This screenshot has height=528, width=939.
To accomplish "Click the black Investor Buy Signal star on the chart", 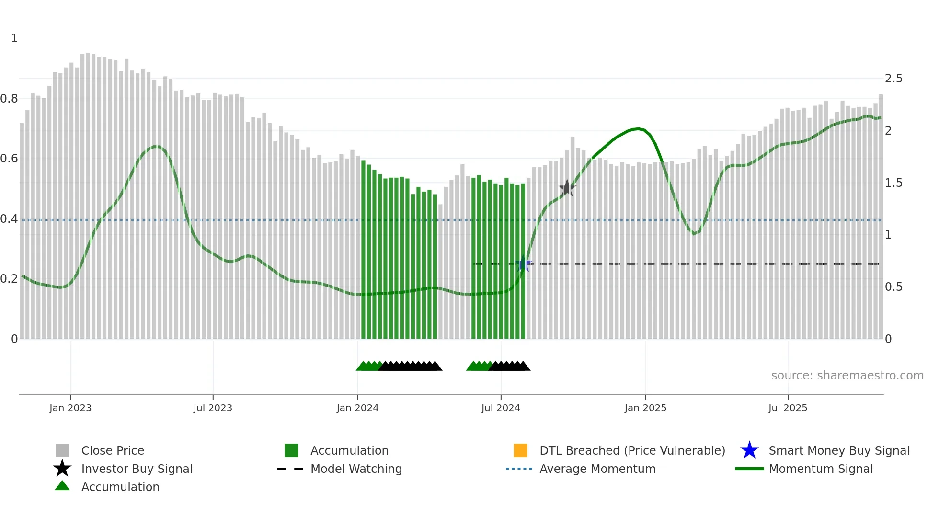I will [x=567, y=188].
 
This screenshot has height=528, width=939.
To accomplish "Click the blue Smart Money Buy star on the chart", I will [x=523, y=264].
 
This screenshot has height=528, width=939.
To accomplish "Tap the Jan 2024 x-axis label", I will [x=357, y=408].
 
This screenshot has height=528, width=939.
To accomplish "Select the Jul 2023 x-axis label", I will [x=213, y=408].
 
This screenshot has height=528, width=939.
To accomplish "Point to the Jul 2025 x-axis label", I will [x=788, y=408].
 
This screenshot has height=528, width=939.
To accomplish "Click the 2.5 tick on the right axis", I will [x=893, y=79].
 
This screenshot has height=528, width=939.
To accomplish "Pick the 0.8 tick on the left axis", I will [x=9, y=99].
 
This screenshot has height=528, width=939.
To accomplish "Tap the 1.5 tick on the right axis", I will [x=893, y=183].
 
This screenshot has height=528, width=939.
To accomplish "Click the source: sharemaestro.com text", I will [x=847, y=376].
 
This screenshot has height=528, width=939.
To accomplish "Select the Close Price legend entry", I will [x=112, y=450].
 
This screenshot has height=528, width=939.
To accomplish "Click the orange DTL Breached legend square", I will [x=520, y=450].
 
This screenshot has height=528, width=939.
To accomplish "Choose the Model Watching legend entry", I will [x=355, y=469].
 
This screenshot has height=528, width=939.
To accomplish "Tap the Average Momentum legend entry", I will [x=597, y=469].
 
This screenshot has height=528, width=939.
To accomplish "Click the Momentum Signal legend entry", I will [x=820, y=469].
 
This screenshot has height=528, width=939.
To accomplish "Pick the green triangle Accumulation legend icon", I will [x=62, y=486].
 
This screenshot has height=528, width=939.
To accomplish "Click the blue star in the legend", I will [x=749, y=450].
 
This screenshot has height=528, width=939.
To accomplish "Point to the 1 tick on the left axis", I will [x=14, y=38].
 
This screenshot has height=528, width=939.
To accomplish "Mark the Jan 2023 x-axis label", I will [x=70, y=408].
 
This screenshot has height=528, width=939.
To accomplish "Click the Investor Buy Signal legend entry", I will [x=137, y=469].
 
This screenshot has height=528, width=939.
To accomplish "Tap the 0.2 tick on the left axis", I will [x=9, y=279].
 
